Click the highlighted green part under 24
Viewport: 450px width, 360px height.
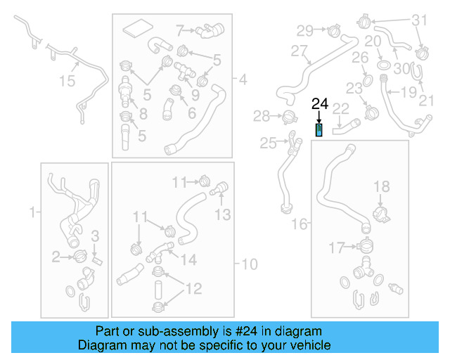pos(319,130)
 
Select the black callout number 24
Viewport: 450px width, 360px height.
pos(320,104)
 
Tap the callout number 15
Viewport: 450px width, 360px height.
pos(66,82)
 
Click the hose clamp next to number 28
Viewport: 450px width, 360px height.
pos(287,117)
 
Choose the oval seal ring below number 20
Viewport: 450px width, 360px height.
pos(384,65)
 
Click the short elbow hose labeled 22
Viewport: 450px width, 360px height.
pos(346,127)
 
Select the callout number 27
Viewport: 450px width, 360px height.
pos(300,51)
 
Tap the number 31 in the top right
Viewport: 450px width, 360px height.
pos(419,19)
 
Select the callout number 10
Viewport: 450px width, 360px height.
pos(250,264)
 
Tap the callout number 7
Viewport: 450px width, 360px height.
pos(179,30)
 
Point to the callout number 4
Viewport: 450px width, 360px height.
pos(243,80)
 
